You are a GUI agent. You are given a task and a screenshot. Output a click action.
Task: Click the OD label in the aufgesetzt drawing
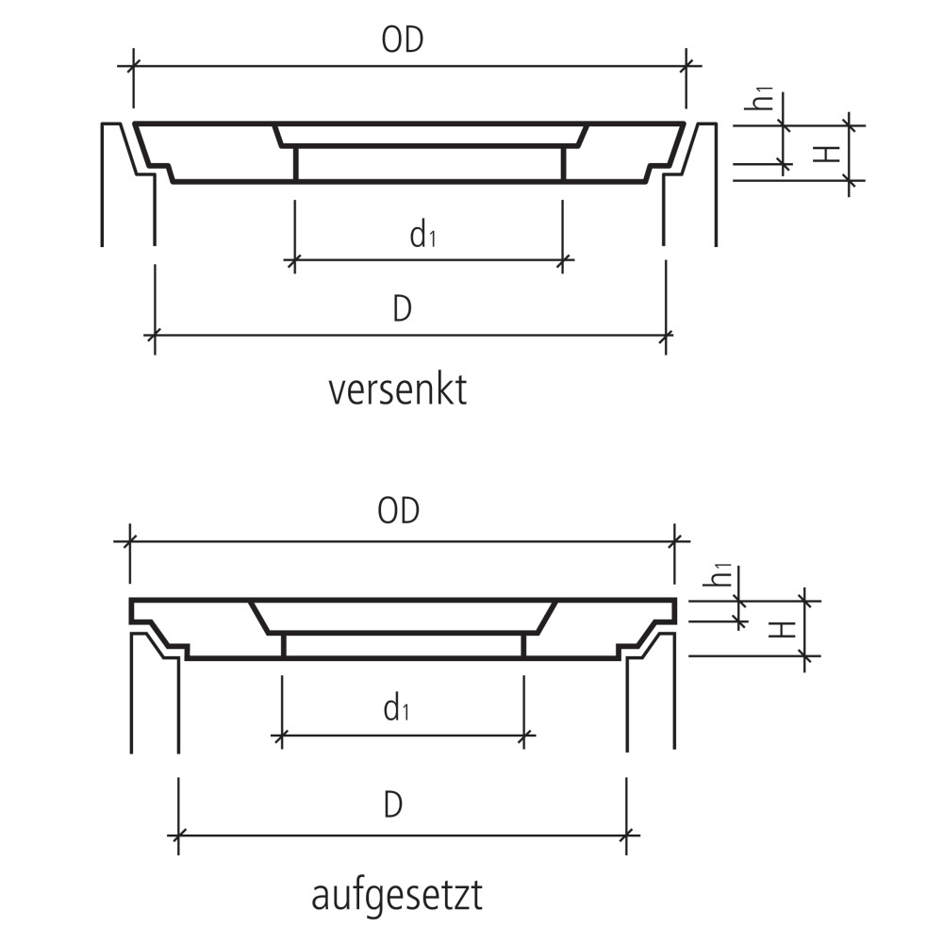pos(398,511)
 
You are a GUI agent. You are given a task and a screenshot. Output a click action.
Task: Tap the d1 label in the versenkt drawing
pos(422,235)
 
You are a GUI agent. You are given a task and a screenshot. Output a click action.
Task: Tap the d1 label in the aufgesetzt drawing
pos(396,708)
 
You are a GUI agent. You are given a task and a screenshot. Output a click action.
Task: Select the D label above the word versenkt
pos(402,309)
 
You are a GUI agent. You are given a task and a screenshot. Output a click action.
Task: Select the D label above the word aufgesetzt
pos(393,804)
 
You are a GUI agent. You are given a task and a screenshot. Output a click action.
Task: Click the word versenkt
pos(398,389)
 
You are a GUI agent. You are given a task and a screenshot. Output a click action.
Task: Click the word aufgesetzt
pos(397,896)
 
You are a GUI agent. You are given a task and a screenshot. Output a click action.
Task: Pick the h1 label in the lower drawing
pos(720,575)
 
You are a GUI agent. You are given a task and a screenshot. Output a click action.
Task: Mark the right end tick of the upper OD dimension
pos(687,65)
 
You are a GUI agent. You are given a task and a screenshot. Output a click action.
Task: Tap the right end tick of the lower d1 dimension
pos(523,735)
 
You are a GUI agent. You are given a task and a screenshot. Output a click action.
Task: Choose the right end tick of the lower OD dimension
pos(675,541)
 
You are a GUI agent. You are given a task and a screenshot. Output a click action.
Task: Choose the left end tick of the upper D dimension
pos(155,334)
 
